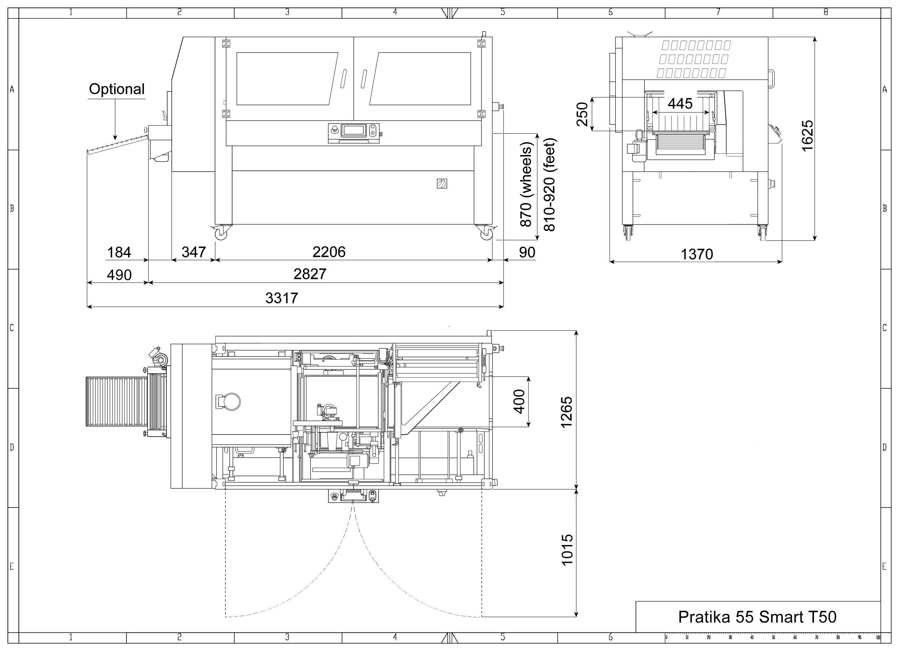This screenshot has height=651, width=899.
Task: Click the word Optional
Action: [x=117, y=89]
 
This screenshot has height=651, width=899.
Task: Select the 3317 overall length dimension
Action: [x=281, y=298]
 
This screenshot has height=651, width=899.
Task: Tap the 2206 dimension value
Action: [x=329, y=252]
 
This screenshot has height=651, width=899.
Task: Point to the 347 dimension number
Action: [x=194, y=252]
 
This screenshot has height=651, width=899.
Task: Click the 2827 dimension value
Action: [x=310, y=274]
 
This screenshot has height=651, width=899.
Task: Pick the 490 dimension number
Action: [x=119, y=275]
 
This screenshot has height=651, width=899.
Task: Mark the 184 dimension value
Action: [x=119, y=252]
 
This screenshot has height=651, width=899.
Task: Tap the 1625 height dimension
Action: [x=807, y=136]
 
